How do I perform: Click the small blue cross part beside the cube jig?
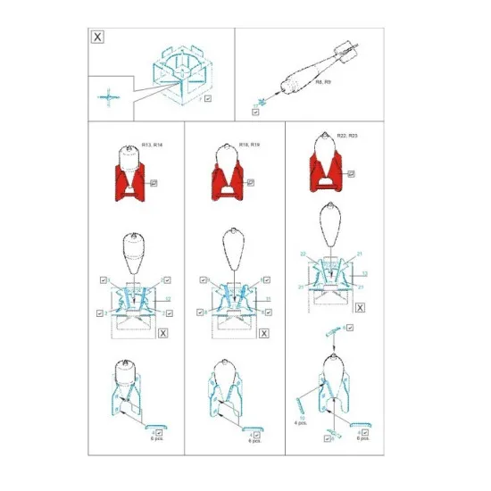(106, 96)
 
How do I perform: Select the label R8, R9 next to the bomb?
(322, 81)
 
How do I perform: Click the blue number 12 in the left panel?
(168, 297)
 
